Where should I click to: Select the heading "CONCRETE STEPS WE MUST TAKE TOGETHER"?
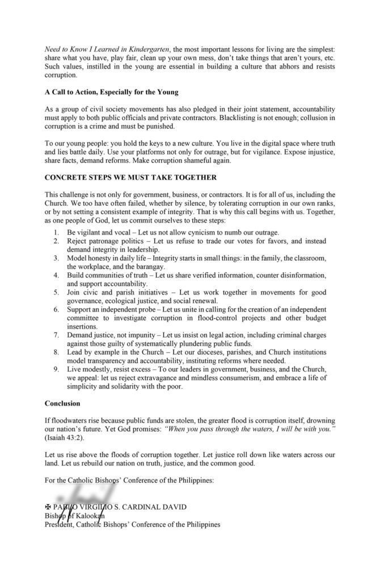point(130,177)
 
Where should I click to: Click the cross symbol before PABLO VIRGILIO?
point(48,506)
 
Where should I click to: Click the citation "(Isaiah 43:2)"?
point(62,438)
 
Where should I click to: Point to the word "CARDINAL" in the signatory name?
point(162,506)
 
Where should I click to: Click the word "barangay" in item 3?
point(149,267)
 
